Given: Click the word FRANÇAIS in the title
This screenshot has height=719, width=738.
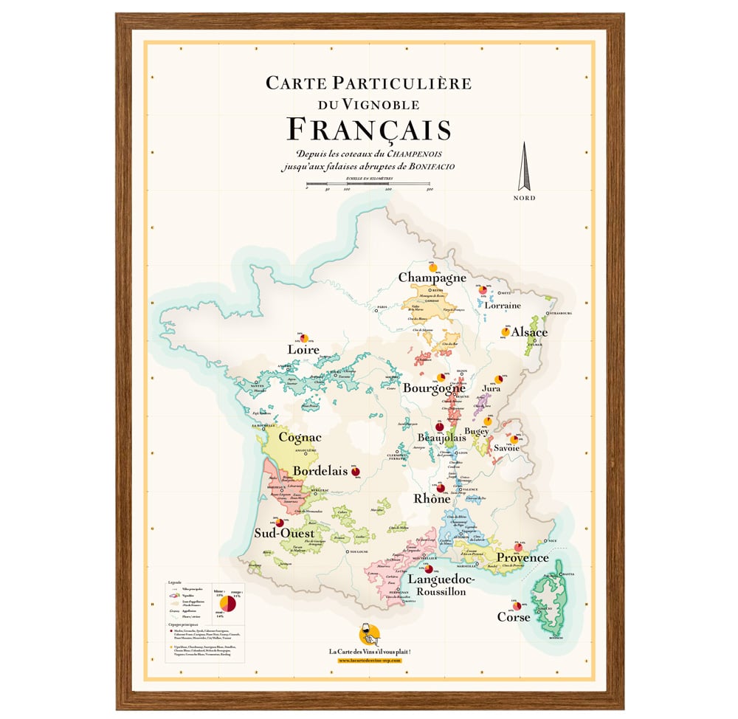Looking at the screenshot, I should (368, 130).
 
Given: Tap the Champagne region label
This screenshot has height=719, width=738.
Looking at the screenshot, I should (432, 278).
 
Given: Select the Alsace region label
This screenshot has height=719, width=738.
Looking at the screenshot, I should (529, 332).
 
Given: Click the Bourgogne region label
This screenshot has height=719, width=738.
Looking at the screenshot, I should (434, 388).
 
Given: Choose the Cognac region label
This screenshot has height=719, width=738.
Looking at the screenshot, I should (300, 437).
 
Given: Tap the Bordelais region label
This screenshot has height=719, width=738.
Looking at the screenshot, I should (320, 471).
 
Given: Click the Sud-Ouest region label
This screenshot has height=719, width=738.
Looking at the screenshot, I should (284, 533).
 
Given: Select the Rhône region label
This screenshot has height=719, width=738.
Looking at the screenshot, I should (432, 499).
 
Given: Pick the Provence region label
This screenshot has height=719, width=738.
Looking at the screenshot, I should (522, 557).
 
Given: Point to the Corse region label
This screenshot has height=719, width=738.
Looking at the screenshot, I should (514, 616).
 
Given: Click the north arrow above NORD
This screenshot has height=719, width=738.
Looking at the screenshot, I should (525, 166).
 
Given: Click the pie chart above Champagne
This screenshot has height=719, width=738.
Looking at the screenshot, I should (432, 267).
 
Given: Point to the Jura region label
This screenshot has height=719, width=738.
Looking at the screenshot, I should (490, 388).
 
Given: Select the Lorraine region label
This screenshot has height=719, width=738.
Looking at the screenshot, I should (503, 305).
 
